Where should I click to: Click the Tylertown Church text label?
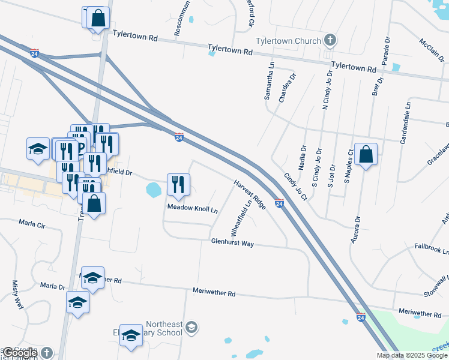click(288, 41)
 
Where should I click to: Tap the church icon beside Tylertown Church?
click(329, 41)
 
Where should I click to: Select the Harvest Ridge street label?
click(249, 194)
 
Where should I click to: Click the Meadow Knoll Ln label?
click(192, 209)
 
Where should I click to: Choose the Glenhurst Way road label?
click(232, 242)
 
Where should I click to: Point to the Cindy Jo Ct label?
click(295, 187)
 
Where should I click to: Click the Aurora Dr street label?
click(355, 230)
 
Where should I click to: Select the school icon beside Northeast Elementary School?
click(191, 327)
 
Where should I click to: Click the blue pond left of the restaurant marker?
click(154, 190)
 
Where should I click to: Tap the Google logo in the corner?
click(19, 353)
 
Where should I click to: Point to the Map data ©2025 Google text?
click(411, 355)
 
